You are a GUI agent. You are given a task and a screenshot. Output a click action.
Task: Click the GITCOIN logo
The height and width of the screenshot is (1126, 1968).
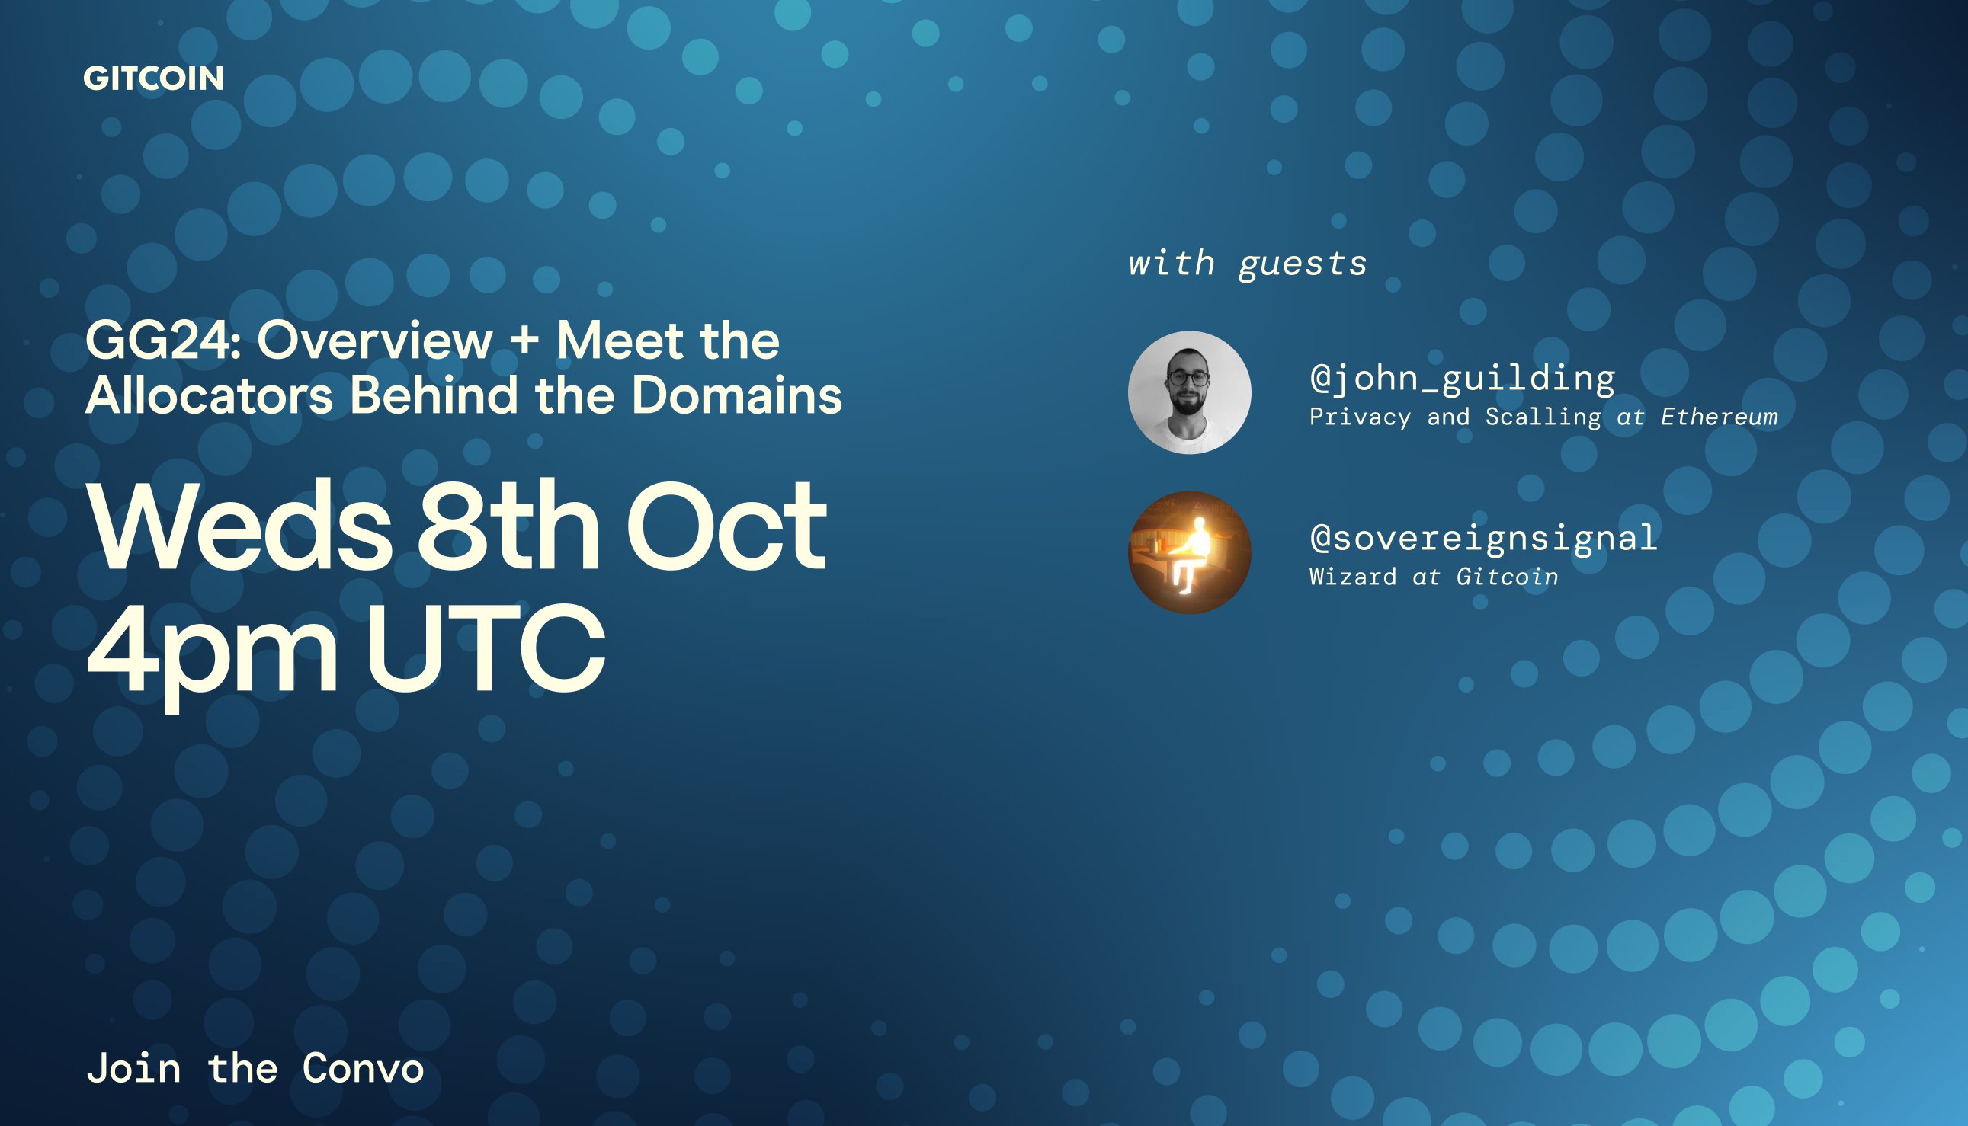[x=153, y=78]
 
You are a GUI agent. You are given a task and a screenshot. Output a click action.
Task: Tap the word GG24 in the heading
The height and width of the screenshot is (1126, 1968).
[x=163, y=341]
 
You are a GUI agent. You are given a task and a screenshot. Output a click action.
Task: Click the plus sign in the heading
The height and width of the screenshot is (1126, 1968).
[x=524, y=341]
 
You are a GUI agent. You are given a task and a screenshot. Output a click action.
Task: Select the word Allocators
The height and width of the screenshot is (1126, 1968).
[x=209, y=395]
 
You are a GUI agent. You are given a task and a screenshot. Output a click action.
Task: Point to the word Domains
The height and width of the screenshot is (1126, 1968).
[x=736, y=395]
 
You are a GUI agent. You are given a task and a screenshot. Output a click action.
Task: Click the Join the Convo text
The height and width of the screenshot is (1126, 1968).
[x=255, y=1069]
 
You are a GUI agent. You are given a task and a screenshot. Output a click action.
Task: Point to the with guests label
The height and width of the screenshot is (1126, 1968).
[x=1248, y=264]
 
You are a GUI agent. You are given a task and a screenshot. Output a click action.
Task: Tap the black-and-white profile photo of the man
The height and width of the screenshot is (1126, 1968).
[x=1189, y=392]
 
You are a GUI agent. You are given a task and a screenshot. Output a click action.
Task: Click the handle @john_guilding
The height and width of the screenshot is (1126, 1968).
[x=1462, y=378]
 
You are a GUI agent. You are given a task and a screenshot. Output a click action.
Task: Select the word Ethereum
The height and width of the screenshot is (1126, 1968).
[x=1719, y=417]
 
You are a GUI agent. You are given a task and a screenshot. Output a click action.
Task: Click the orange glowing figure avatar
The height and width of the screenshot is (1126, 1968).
[x=1189, y=552]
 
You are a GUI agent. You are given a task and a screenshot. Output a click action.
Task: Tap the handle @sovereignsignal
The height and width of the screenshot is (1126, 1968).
[x=1483, y=538]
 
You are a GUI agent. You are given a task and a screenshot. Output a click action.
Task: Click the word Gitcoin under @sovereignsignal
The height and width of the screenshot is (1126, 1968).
[x=1507, y=576]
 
